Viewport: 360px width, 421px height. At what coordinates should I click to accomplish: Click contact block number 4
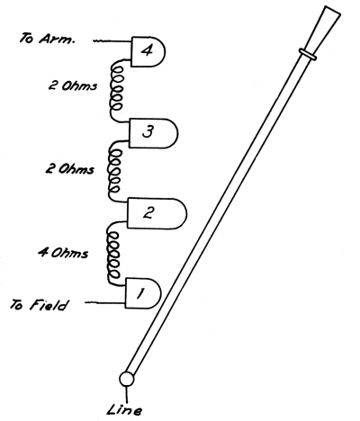tap(148, 51)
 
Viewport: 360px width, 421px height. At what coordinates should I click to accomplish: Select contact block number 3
tap(153, 133)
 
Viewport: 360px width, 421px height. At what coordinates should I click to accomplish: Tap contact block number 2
tap(157, 213)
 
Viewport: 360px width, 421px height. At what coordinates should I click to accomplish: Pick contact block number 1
tap(143, 293)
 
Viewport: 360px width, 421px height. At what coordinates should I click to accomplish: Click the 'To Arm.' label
tap(47, 39)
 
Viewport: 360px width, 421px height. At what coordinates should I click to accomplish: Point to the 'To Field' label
tap(39, 305)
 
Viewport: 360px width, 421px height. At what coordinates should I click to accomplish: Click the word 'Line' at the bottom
tap(124, 409)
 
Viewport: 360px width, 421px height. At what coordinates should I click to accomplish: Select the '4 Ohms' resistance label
tap(63, 253)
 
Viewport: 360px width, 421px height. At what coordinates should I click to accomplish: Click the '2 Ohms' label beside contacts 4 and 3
tap(73, 85)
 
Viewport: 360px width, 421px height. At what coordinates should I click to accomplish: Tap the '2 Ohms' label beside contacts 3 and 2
tap(69, 169)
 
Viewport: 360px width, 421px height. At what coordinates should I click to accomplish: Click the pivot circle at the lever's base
tap(126, 380)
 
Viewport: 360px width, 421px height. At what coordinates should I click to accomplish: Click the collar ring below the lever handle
tap(308, 54)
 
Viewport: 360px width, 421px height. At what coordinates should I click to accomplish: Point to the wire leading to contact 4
tap(112, 41)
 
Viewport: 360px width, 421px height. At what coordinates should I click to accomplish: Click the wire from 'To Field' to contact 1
tap(104, 303)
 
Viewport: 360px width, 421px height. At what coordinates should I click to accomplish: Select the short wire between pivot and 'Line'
tap(127, 395)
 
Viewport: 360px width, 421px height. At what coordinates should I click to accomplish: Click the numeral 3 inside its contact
tap(148, 131)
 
